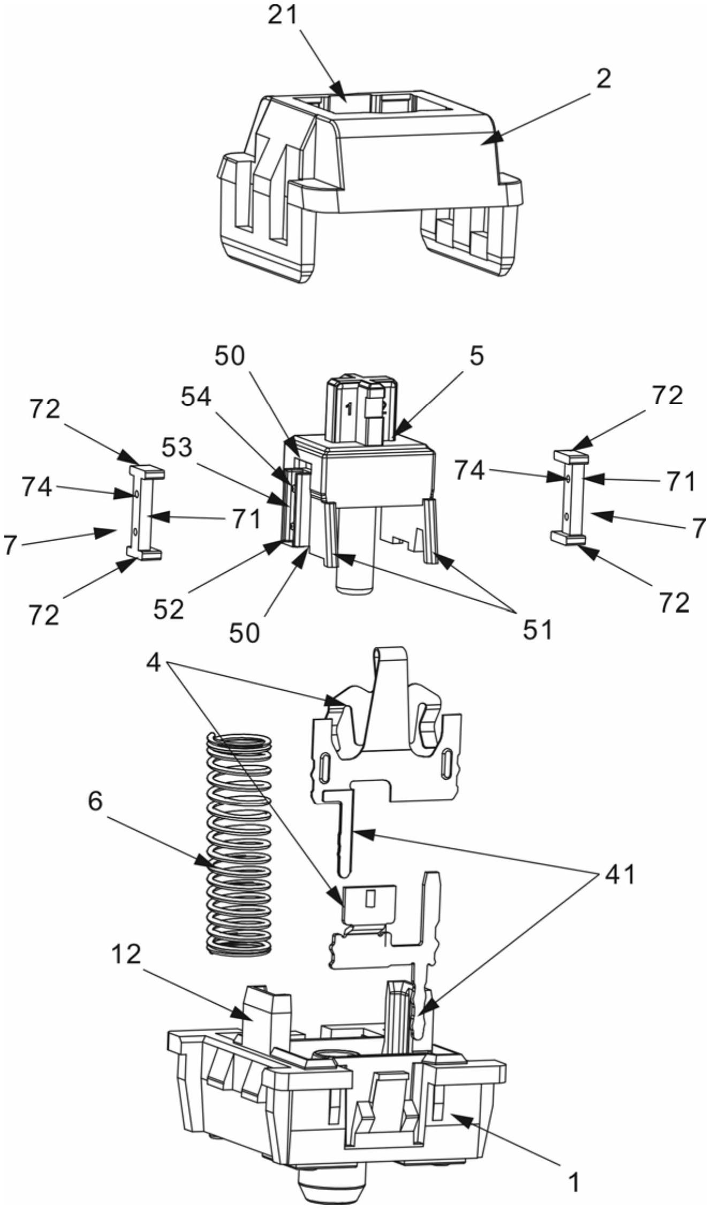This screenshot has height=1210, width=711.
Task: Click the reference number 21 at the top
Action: (282, 16)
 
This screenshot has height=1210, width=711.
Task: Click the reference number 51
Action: (537, 630)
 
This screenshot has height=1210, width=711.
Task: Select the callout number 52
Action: (169, 609)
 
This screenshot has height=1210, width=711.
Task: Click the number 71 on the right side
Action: (679, 481)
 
